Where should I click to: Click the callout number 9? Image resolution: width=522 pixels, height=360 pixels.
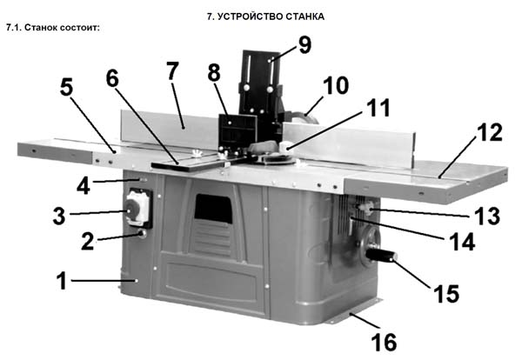(304, 45)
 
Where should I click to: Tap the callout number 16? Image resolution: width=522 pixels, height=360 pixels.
(384, 343)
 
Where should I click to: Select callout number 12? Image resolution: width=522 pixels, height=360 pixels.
(489, 132)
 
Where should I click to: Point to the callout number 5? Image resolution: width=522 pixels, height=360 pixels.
(67, 88)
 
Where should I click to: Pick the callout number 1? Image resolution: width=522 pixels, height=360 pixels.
(62, 281)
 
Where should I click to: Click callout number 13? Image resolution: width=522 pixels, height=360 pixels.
(487, 216)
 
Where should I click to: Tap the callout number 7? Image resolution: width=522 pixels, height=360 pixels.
(172, 70)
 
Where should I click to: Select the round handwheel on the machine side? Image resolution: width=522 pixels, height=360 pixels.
(370, 245)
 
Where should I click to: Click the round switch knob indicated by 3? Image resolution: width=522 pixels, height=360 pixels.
(130, 210)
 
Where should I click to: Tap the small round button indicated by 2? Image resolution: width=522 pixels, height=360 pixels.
(143, 234)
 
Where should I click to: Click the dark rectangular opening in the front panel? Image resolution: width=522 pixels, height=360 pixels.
(213, 209)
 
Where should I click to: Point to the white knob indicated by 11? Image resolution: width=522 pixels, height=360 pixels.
(285, 147)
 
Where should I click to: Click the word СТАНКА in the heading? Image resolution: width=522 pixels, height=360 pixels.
(304, 16)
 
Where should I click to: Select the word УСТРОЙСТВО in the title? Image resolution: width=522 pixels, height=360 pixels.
(250, 16)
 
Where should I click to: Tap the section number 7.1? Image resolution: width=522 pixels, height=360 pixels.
(14, 27)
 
